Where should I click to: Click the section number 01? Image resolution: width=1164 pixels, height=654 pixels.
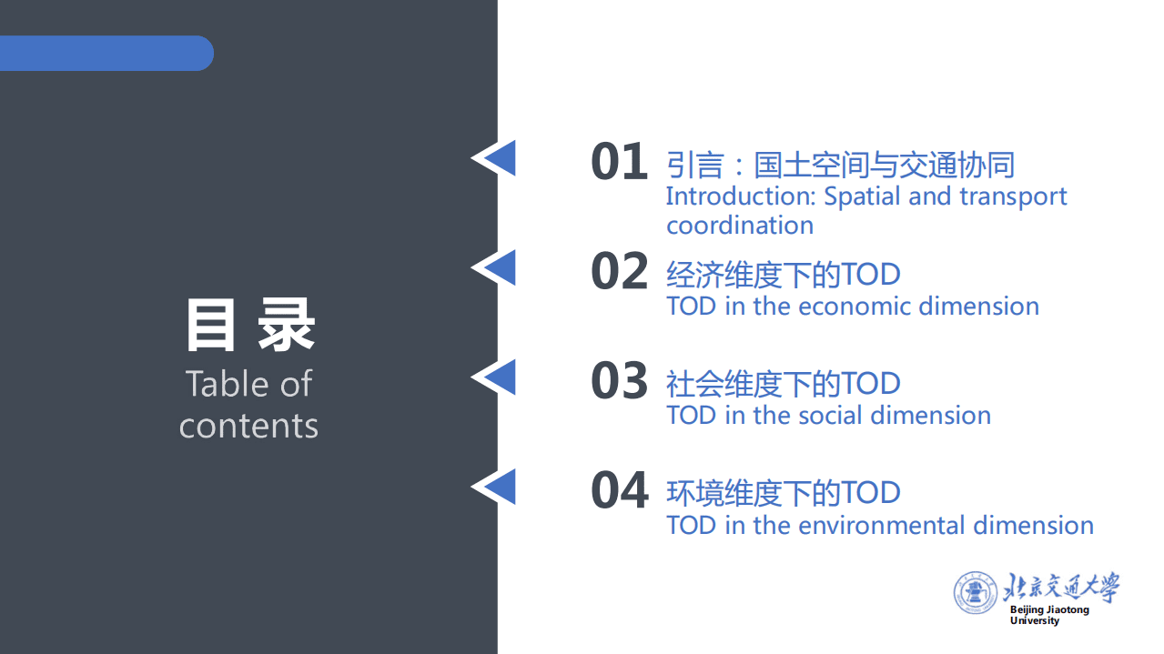coord(619,163)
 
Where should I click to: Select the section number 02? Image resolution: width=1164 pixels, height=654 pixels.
coord(619,272)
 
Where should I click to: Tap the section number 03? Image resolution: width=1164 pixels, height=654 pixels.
coord(619,381)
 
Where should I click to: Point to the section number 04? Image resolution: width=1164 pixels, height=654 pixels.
coord(619,491)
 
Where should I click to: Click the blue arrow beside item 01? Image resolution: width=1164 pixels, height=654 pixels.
coord(496,158)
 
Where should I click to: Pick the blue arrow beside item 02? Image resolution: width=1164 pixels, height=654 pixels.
coord(496,267)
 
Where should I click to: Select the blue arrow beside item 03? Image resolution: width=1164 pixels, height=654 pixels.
coord(496,377)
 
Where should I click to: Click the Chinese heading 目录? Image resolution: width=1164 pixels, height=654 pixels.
coord(249,325)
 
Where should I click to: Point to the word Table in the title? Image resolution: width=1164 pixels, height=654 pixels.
coord(223,384)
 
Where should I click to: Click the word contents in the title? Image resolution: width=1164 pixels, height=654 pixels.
coord(248,426)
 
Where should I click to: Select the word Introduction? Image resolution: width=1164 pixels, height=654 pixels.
coord(740,196)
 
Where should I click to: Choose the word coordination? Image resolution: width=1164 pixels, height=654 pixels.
coord(740,226)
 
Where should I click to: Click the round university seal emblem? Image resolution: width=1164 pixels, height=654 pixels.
coord(976,593)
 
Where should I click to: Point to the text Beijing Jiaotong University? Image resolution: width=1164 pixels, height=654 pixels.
coord(1048,615)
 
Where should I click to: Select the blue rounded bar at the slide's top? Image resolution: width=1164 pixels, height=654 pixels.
coord(106,53)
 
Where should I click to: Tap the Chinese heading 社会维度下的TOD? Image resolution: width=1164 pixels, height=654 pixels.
coord(783,384)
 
